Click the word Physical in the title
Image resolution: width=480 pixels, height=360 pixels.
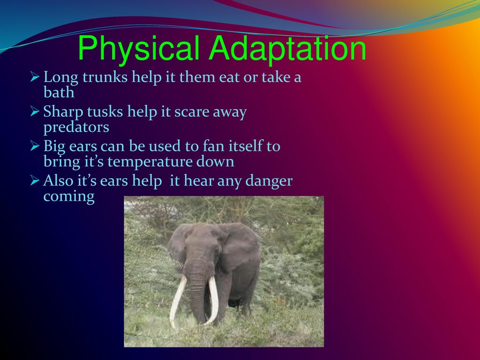139,49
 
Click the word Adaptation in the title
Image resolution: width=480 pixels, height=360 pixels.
287,48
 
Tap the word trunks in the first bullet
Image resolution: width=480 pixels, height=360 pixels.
105,76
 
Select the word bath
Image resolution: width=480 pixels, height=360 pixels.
59,92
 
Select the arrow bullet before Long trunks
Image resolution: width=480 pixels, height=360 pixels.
35,77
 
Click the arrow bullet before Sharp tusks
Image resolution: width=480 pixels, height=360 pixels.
35,112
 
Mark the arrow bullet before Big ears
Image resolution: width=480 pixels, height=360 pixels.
35,146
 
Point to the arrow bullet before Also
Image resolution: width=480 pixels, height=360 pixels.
35,180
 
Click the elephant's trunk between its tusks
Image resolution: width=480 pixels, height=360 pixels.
199,294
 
